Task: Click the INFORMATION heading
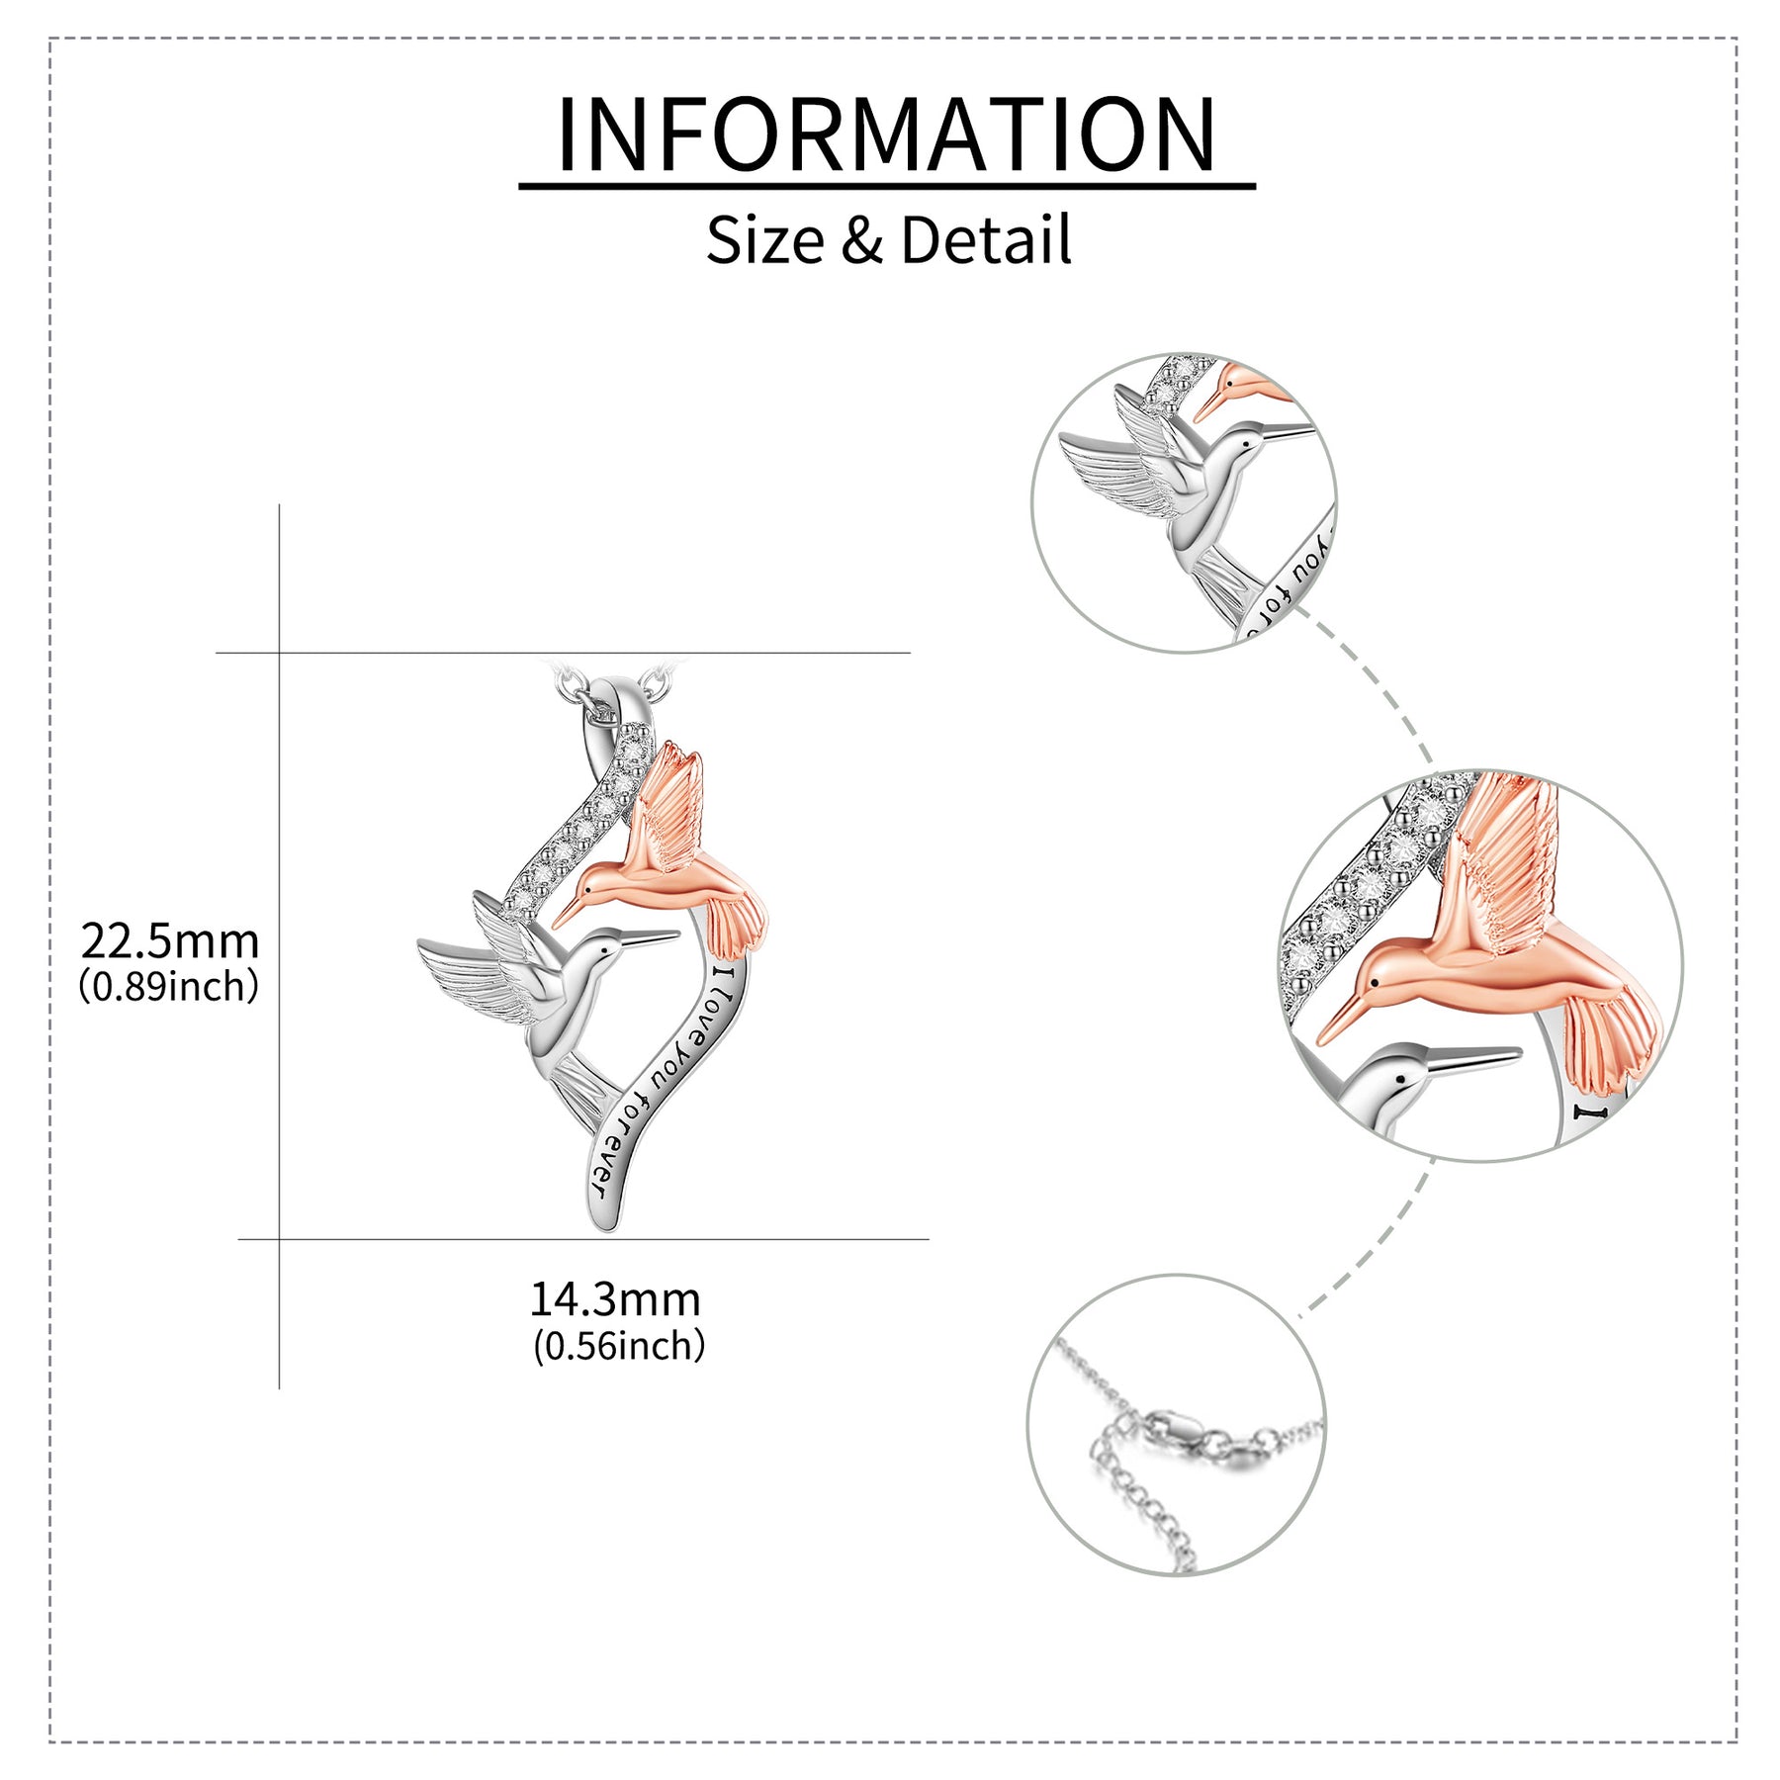[887, 134]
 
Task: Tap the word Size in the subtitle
[764, 240]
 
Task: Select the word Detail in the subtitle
[986, 240]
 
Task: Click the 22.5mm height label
[170, 941]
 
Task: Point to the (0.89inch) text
[169, 986]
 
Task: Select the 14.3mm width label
[615, 1299]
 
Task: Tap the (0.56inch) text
[619, 1346]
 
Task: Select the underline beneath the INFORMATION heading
[887, 185]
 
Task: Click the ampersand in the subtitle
[862, 241]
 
